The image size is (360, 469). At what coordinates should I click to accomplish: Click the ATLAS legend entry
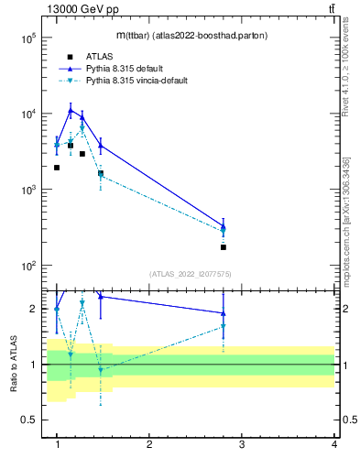tap(98, 57)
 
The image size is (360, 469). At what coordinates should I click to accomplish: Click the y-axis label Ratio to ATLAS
tap(14, 365)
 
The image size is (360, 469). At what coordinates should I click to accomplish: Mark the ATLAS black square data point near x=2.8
tap(224, 247)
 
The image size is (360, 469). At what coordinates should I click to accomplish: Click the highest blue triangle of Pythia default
tap(71, 110)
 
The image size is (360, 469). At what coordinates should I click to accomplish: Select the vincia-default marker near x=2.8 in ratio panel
tap(224, 326)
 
